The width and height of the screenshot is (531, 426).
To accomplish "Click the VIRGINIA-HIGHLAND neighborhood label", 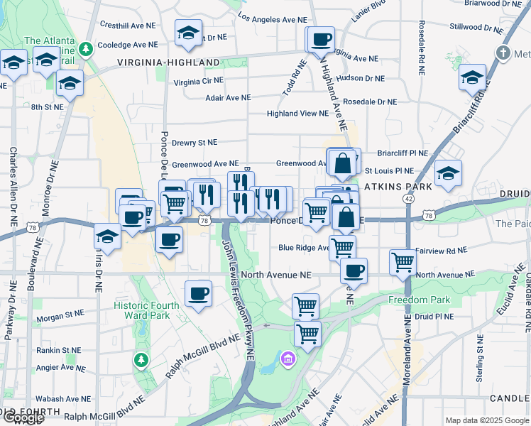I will click(168, 62).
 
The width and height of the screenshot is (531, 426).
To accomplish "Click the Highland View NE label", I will click(297, 114).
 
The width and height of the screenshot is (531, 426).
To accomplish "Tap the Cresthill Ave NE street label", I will click(128, 26).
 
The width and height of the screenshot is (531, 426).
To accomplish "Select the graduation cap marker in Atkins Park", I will click(448, 173).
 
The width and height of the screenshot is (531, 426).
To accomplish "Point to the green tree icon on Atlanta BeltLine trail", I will click(86, 49).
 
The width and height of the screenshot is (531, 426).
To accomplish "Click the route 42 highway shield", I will click(408, 200).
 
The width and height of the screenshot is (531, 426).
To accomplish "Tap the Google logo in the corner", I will click(23, 417).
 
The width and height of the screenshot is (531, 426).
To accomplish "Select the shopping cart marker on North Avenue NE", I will click(403, 261).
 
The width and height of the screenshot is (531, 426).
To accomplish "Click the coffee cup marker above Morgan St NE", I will click(198, 293).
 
